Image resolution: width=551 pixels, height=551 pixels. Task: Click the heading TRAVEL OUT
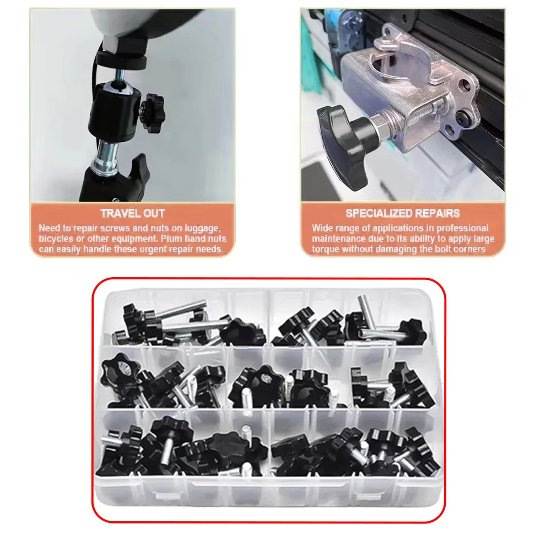pyautogui.click(x=132, y=213)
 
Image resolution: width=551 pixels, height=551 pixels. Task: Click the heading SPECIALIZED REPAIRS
pyautogui.click(x=402, y=213)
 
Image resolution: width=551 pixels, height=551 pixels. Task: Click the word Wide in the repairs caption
pyautogui.click(x=323, y=228)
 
